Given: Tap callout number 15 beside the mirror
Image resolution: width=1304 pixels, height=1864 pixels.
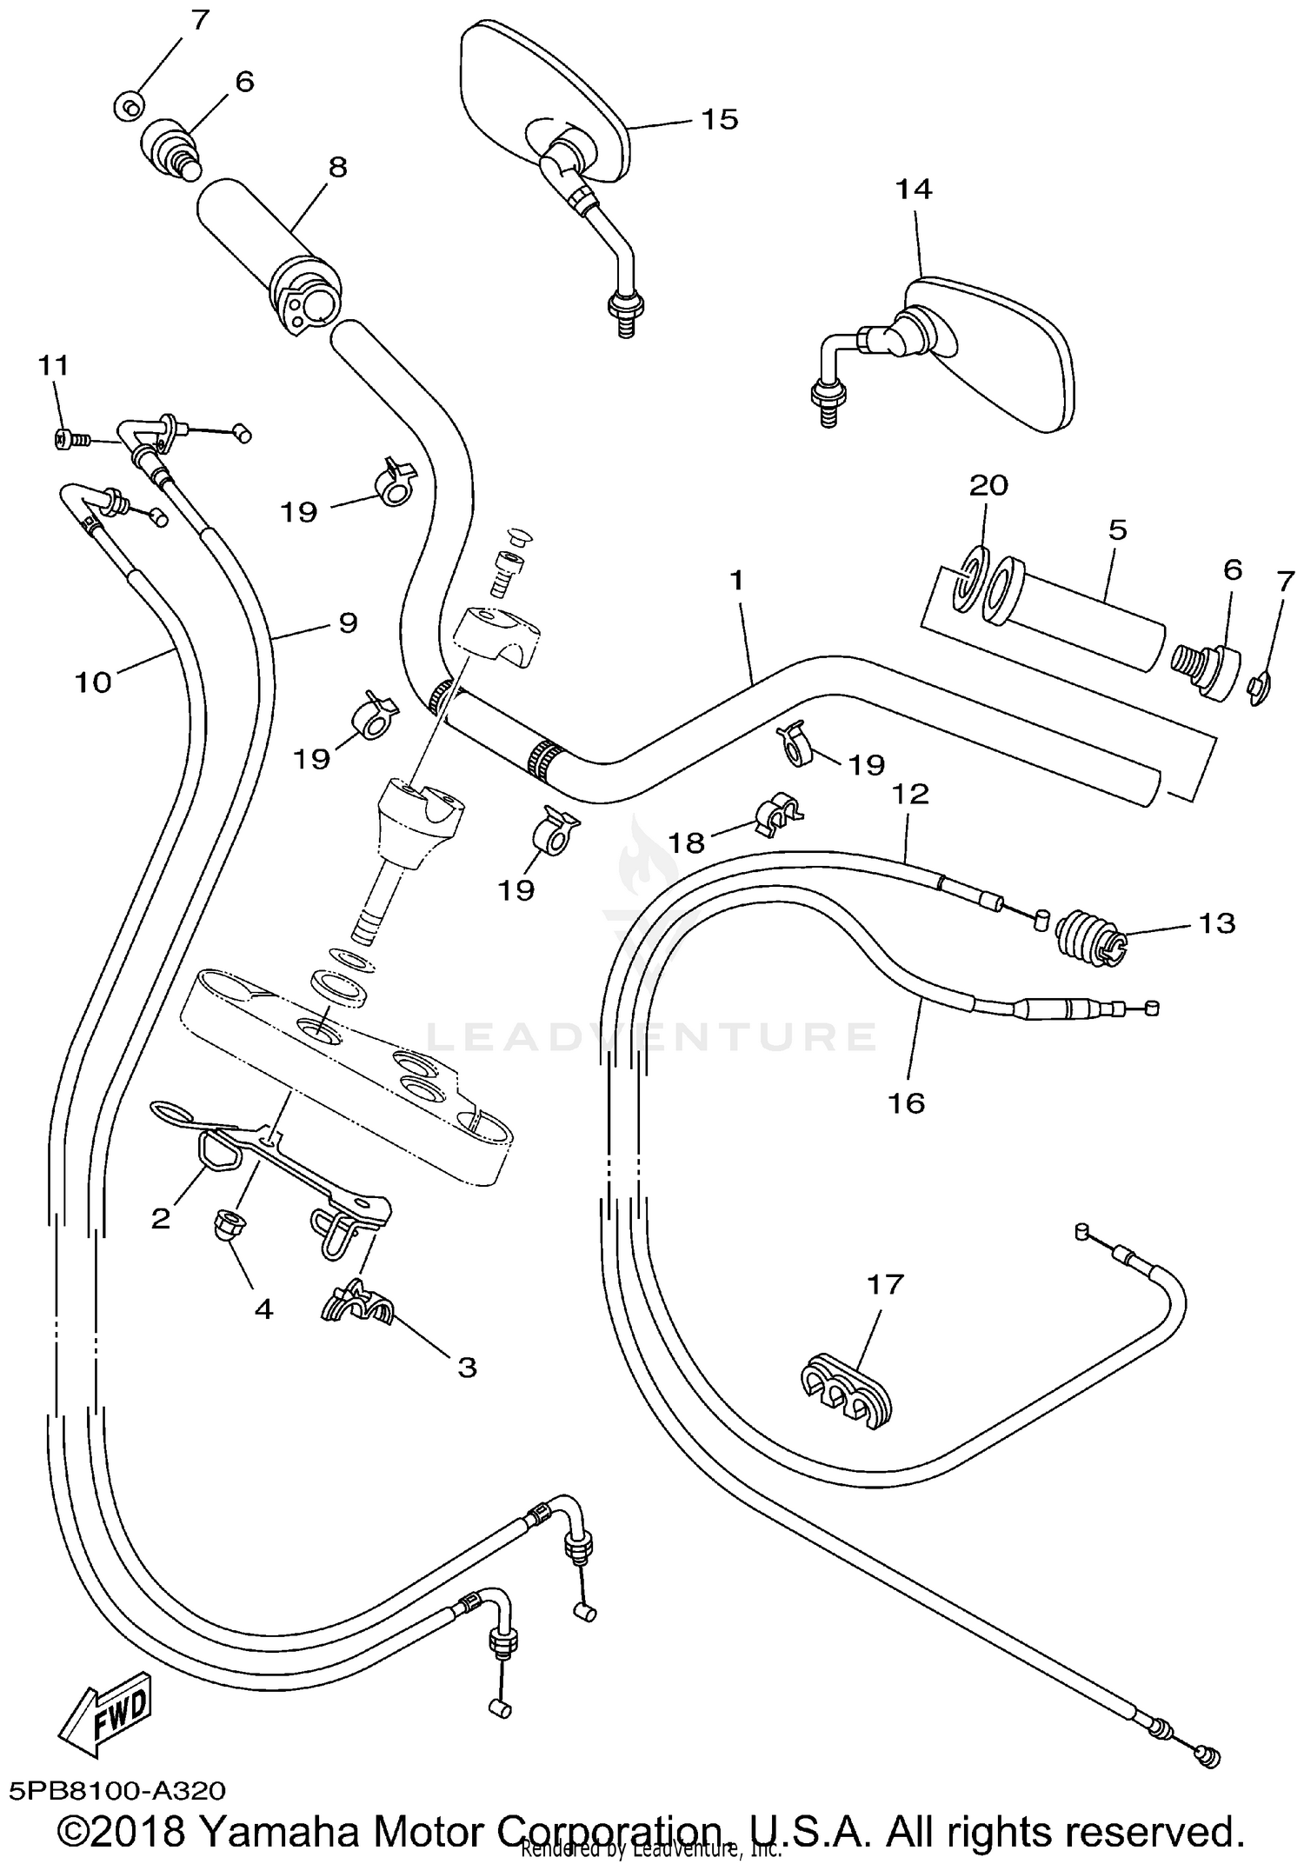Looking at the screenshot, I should (719, 119).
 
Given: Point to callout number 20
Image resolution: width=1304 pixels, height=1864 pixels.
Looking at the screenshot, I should (988, 484).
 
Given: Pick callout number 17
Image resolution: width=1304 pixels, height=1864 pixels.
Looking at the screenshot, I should (885, 1283).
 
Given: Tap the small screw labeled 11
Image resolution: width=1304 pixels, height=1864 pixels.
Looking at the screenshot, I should (66, 440).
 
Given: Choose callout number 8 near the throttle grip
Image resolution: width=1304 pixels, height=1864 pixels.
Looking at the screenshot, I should (336, 167).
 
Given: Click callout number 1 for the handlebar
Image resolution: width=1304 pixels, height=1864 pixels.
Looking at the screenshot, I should (737, 580).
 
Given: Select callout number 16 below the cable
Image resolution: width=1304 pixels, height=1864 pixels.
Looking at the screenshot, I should (906, 1102).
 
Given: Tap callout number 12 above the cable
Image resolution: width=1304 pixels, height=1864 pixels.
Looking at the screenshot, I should (909, 793).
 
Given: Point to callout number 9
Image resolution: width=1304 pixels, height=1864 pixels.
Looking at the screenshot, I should (347, 622).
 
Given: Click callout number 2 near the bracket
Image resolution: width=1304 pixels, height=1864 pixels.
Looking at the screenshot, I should (160, 1218).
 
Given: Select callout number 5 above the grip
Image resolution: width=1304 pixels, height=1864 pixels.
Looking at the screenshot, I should (1117, 529).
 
